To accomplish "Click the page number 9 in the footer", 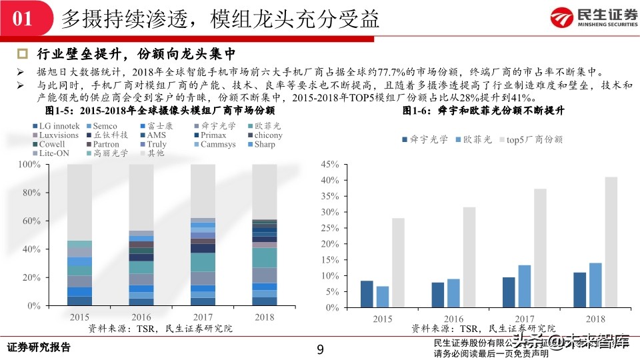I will (320, 350).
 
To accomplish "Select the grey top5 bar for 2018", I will (611, 242).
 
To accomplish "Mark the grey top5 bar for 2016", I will (469, 257).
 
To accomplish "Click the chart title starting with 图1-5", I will (160, 110).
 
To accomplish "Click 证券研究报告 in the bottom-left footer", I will (38, 348).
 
